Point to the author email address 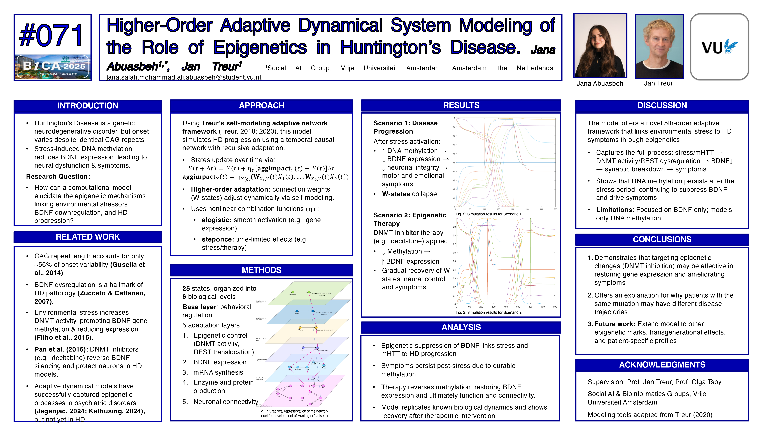(x=184, y=77)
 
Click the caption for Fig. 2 (x=488, y=214)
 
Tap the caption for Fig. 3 (x=488, y=313)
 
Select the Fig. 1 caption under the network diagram (x=294, y=413)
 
